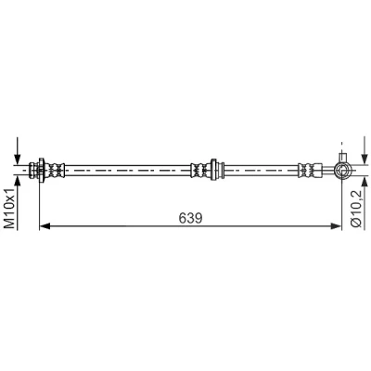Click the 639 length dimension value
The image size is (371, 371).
pos(190,218)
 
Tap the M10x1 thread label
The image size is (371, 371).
pos(9,209)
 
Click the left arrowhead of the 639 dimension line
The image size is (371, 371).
pos(45,226)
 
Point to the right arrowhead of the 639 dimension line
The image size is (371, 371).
pos(336,226)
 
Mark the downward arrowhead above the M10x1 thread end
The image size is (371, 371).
pos(18,160)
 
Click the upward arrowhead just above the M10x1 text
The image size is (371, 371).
pos(18,180)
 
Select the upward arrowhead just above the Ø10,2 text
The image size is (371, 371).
pos(365,181)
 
